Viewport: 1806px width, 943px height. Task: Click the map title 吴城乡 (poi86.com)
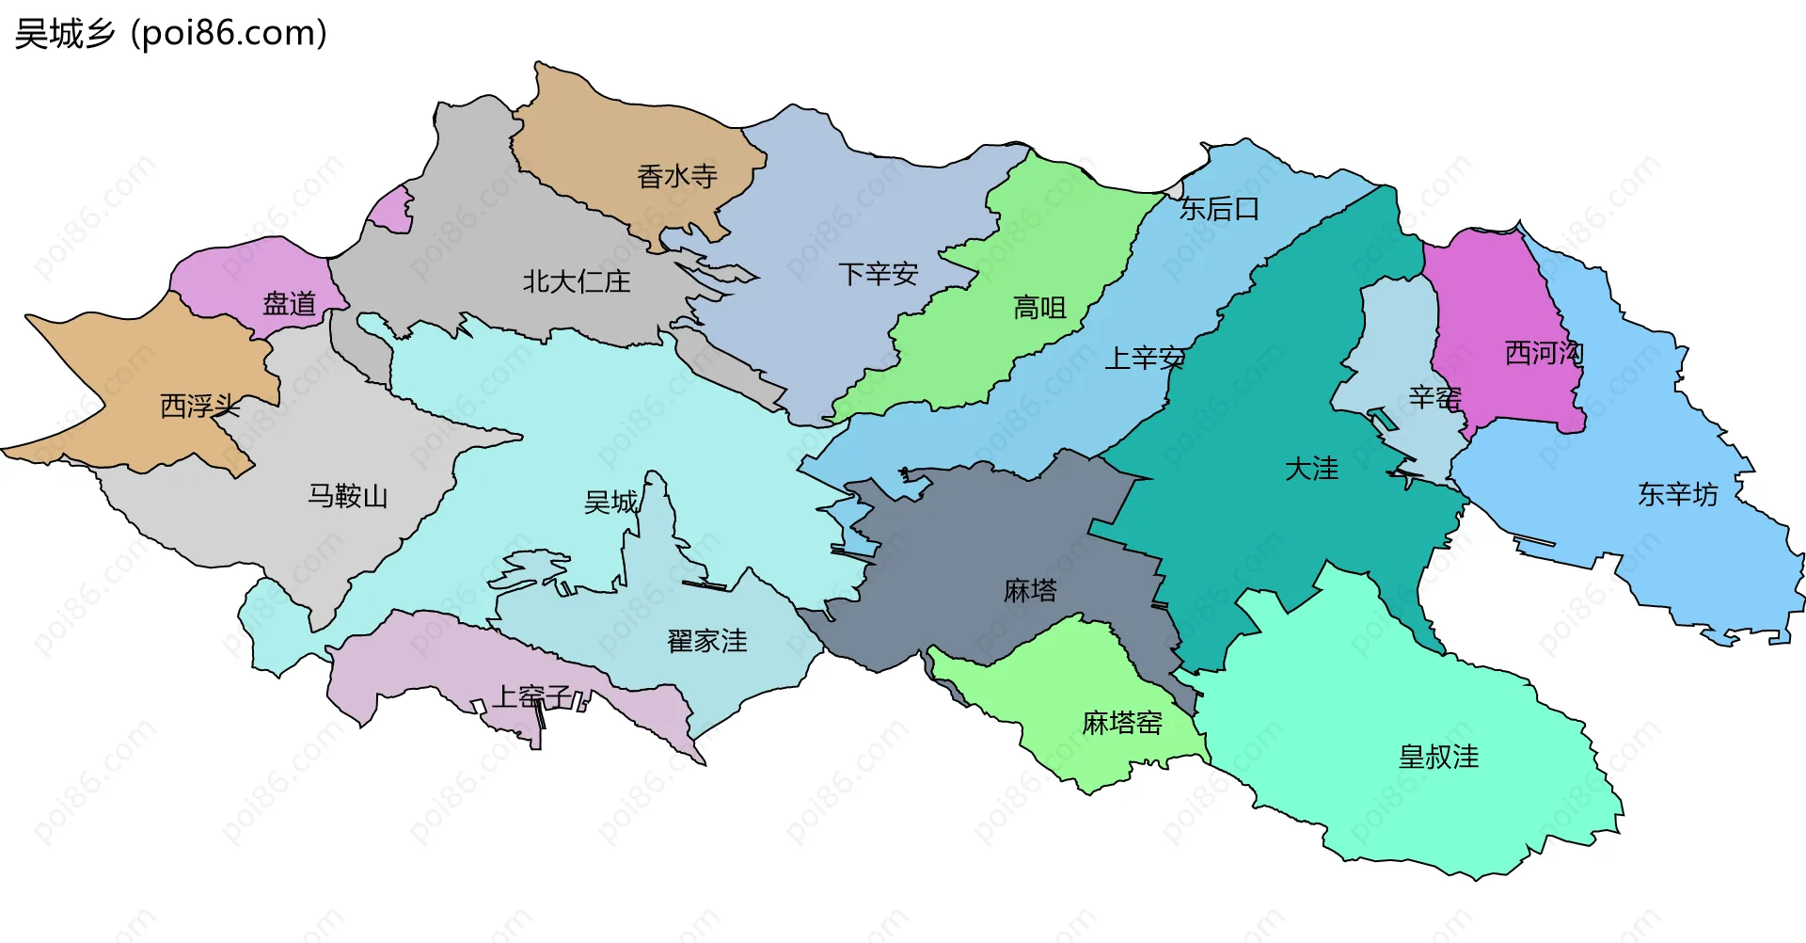171,34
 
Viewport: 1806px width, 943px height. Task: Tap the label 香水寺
676,176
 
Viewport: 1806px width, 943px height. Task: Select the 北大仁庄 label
576,281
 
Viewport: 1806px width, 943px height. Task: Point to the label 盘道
289,304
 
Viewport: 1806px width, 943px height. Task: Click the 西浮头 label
199,407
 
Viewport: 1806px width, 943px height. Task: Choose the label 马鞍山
347,496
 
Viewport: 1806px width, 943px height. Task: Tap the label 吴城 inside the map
610,502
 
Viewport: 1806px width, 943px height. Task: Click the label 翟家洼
706,641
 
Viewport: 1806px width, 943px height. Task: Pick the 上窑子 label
532,696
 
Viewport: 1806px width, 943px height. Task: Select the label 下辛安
878,274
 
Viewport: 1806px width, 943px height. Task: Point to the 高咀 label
1039,308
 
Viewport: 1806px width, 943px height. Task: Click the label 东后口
1219,209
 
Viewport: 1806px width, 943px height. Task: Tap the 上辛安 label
1144,358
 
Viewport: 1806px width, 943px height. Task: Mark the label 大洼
1311,469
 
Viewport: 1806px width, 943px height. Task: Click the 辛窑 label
1434,397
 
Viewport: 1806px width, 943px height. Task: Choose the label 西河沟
1545,353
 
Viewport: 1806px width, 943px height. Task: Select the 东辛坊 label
1677,494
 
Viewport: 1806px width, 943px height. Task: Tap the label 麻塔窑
1121,723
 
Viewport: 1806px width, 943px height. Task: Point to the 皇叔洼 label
1438,757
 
